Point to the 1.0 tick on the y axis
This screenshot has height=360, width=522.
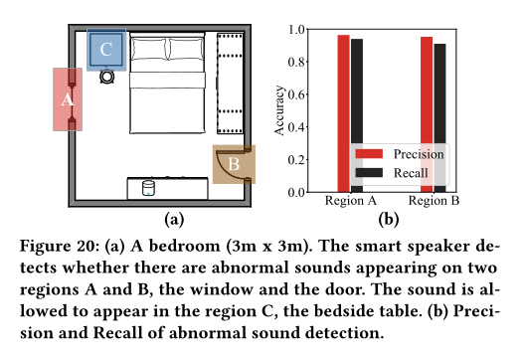click(299, 30)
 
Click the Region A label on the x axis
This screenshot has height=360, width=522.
click(350, 202)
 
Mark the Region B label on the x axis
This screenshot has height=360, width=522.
click(433, 202)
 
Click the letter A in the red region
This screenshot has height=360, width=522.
click(68, 99)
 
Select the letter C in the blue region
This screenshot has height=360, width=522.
click(106, 48)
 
